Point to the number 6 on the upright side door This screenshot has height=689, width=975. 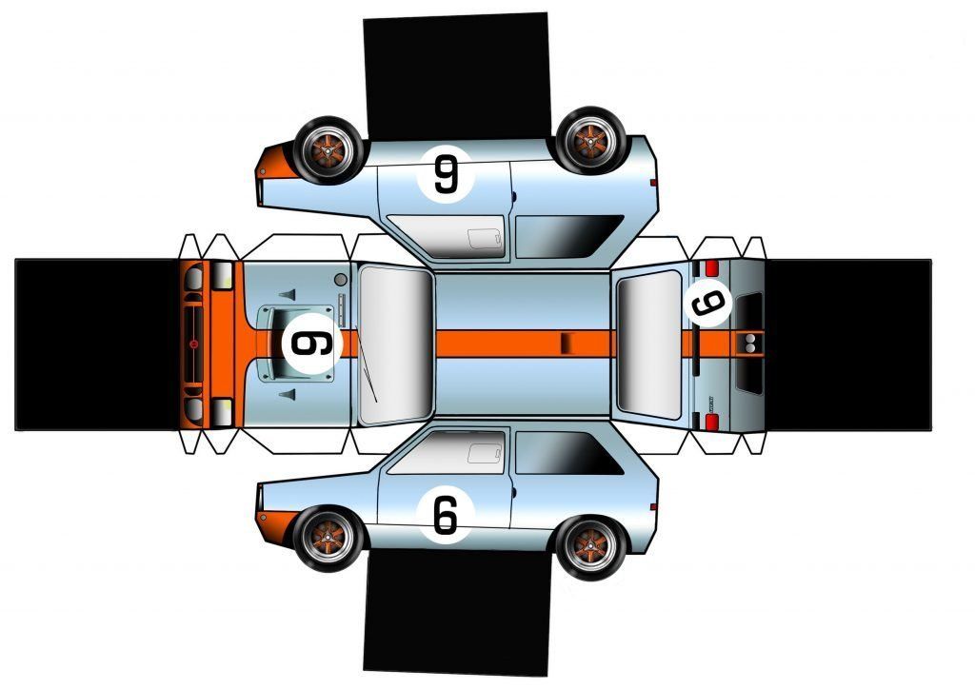click(445, 515)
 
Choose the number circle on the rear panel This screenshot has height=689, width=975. click(707, 304)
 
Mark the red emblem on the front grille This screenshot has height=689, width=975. click(194, 343)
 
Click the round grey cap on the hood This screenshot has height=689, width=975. click(341, 280)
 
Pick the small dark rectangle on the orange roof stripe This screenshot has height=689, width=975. click(565, 343)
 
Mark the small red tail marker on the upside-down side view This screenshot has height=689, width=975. click(653, 181)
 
